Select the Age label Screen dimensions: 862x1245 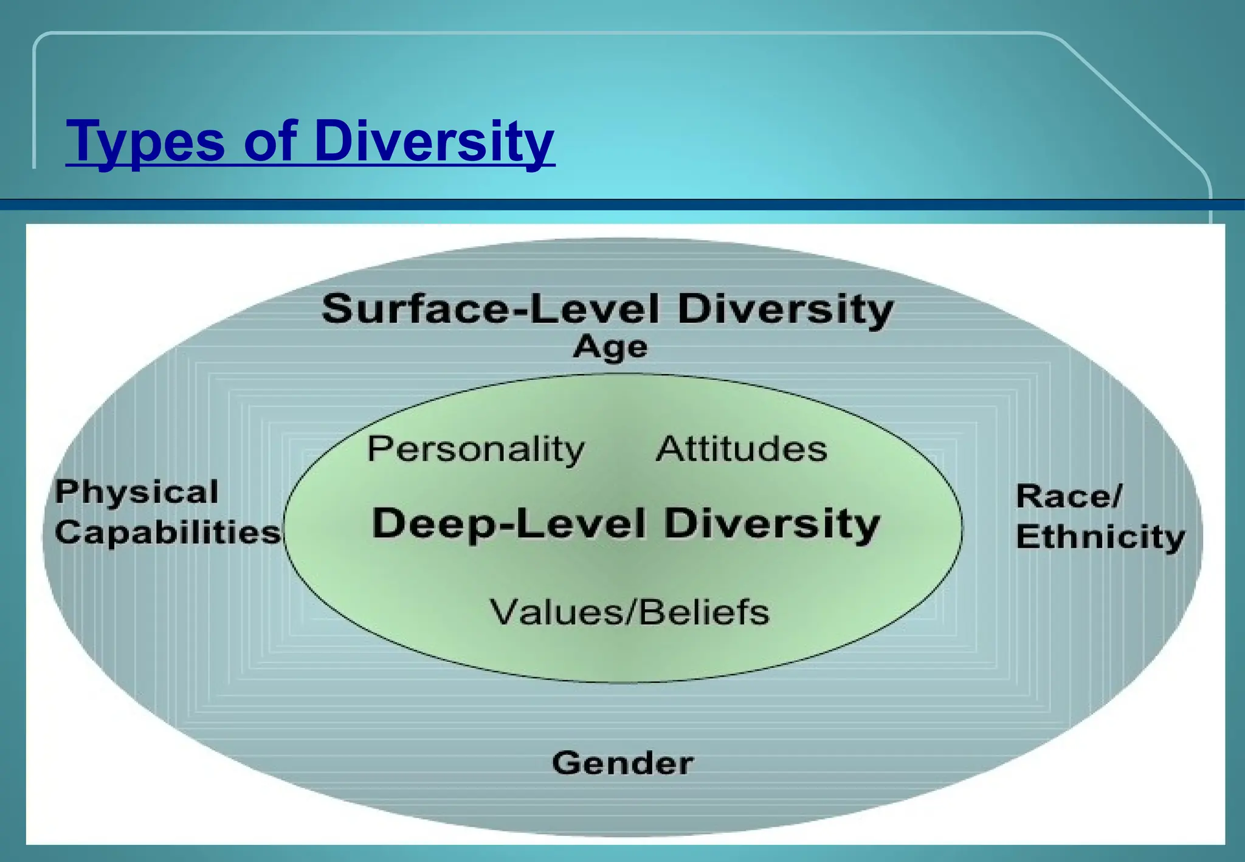[610, 348]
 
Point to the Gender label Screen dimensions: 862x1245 [622, 762]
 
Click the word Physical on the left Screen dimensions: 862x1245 [136, 491]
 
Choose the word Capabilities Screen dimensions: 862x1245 [168, 532]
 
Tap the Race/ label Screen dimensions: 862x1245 [1069, 496]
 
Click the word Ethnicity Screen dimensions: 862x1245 [1100, 537]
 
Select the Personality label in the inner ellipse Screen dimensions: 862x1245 [475, 450]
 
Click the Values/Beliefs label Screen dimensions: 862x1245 [630, 612]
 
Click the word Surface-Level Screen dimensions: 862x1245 [490, 309]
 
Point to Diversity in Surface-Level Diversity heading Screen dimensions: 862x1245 [785, 309]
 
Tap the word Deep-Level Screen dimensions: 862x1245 [508, 523]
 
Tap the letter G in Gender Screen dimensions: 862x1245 [566, 762]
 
